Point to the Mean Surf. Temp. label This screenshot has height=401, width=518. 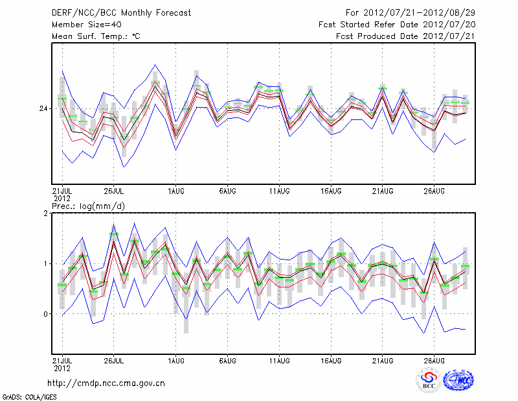pyautogui.click(x=96, y=36)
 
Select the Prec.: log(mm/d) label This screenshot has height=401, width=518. pyautogui.click(x=88, y=206)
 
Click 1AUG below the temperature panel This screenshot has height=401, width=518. pyautogui.click(x=176, y=191)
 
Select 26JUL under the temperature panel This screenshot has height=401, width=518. pyautogui.click(x=114, y=191)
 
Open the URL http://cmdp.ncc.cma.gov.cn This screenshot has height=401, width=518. pyautogui.click(x=106, y=383)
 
